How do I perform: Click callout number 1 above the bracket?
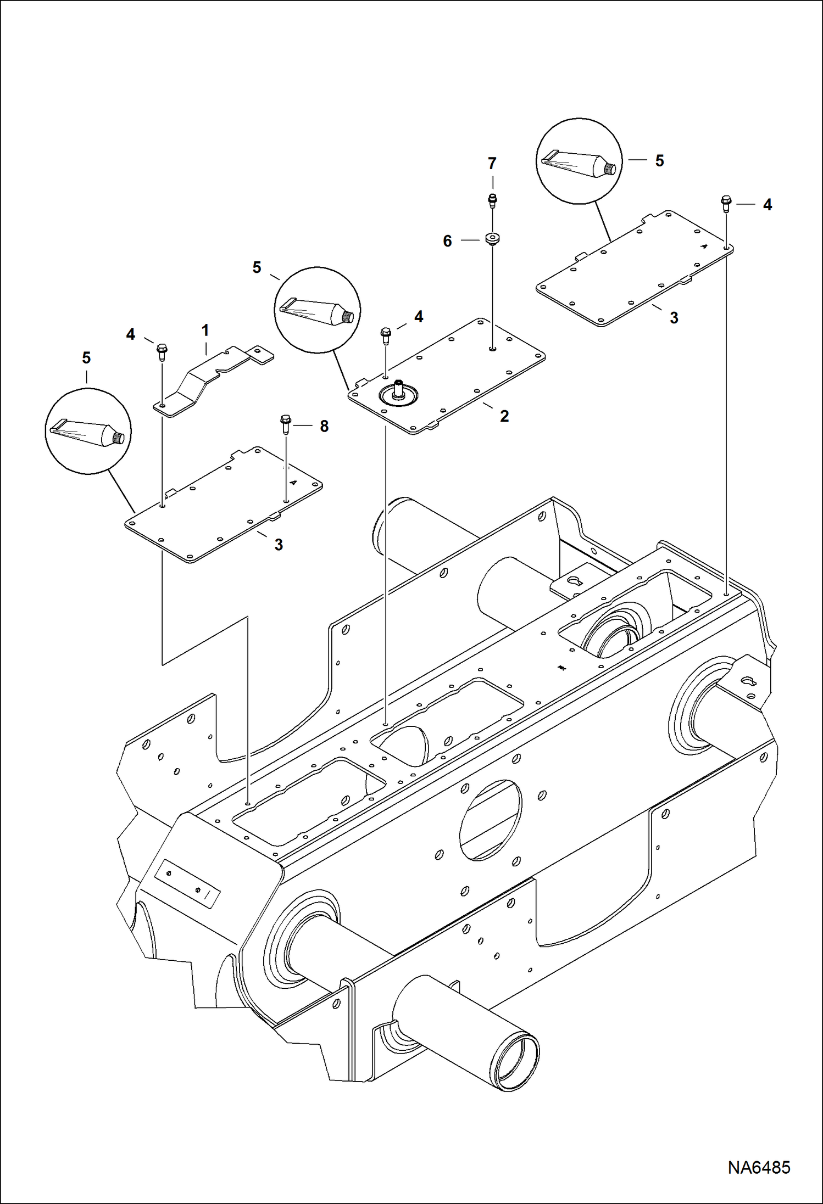pyautogui.click(x=205, y=331)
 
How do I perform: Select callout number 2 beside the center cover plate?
pyautogui.click(x=504, y=416)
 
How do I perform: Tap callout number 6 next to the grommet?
pyautogui.click(x=447, y=241)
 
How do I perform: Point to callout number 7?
pyautogui.click(x=492, y=163)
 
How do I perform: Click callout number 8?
pyautogui.click(x=324, y=426)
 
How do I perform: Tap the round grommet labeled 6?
pyautogui.click(x=492, y=240)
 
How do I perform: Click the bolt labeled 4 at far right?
pyautogui.click(x=726, y=204)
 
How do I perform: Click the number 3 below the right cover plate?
pyautogui.click(x=674, y=317)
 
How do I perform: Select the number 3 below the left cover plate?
pyautogui.click(x=279, y=545)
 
